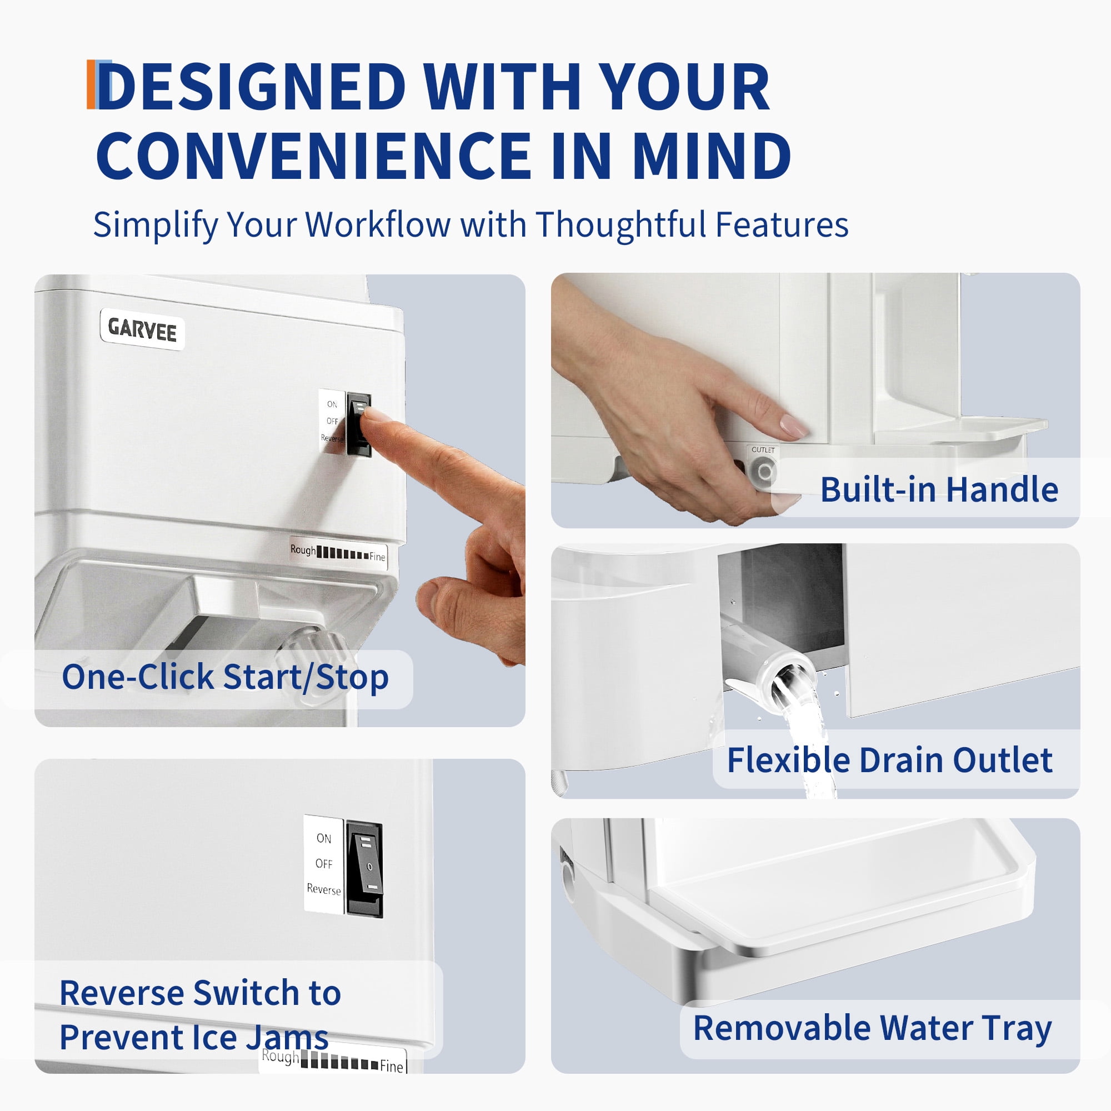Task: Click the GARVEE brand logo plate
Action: point(142,329)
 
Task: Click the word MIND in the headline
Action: point(712,156)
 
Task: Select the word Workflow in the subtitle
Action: point(377,224)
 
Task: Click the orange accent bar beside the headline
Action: point(91,84)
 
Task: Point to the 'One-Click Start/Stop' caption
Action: point(225,677)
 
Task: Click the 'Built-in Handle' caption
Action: point(938,489)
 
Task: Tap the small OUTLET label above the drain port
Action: point(763,450)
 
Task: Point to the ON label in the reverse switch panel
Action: point(324,838)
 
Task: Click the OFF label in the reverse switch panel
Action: point(324,864)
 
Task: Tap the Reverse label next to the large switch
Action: point(324,889)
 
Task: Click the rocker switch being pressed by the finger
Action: point(359,424)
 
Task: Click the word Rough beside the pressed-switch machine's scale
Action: point(303,550)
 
